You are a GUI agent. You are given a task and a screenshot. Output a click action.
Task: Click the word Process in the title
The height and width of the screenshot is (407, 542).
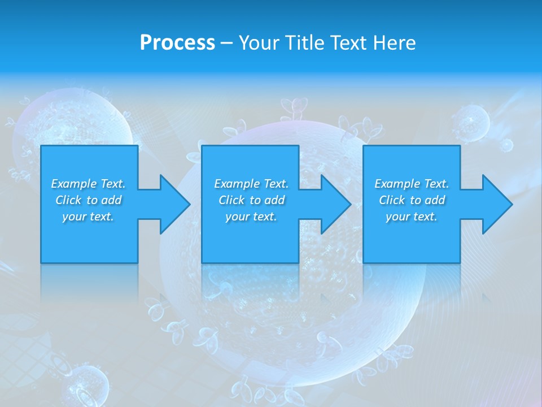click(x=177, y=43)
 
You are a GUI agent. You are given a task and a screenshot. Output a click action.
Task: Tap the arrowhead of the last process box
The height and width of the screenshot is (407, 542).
click(x=496, y=204)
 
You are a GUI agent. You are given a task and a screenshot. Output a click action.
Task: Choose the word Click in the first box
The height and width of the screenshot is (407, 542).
click(x=68, y=200)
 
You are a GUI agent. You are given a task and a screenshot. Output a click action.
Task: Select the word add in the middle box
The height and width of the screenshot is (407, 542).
click(x=274, y=200)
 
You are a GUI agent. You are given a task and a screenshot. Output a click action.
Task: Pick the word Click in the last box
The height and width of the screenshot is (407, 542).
click(x=392, y=200)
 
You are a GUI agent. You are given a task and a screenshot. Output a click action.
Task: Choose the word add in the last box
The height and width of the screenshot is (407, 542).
click(x=435, y=200)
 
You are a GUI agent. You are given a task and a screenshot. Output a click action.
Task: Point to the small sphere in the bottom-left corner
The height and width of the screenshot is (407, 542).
click(x=88, y=384)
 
